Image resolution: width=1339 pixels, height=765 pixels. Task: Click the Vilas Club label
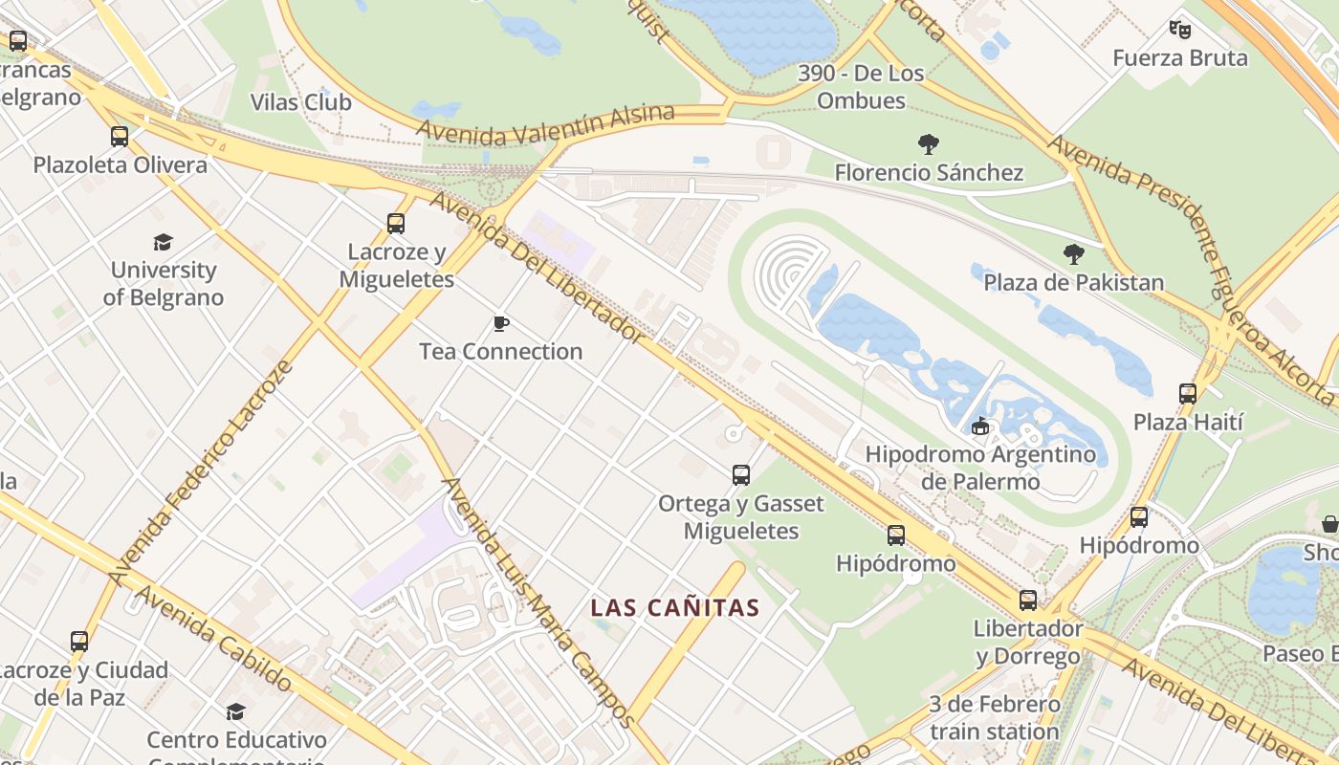pyautogui.click(x=300, y=102)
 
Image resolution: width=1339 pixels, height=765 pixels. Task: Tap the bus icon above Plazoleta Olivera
pyautogui.click(x=120, y=137)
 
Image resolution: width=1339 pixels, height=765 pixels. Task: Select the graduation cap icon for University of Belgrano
pyautogui.click(x=164, y=242)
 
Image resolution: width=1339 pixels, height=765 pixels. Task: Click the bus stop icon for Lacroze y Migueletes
pyautogui.click(x=396, y=224)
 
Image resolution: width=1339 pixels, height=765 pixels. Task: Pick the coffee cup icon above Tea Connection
pyautogui.click(x=500, y=323)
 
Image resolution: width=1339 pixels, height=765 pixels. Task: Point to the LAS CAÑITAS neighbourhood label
pyautogui.click(x=674, y=607)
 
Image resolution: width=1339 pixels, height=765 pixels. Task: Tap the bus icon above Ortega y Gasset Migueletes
pyautogui.click(x=740, y=474)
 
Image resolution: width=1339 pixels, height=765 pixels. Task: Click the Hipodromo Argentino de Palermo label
pyautogui.click(x=980, y=467)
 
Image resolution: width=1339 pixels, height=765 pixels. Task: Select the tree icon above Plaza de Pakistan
pyautogui.click(x=1074, y=254)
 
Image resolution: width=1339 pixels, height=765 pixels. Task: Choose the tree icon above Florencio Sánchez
pyautogui.click(x=928, y=144)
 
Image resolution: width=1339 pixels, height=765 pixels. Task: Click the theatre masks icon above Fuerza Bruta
pyautogui.click(x=1180, y=30)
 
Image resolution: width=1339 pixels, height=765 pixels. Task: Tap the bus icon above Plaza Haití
pyautogui.click(x=1188, y=393)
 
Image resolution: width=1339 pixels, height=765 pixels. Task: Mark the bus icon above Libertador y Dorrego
pyautogui.click(x=1028, y=601)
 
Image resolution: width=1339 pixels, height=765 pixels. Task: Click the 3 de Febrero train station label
pyautogui.click(x=995, y=718)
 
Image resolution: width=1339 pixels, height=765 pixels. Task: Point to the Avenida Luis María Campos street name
pyautogui.click(x=539, y=602)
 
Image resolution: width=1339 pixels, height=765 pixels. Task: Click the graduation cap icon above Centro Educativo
pyautogui.click(x=236, y=711)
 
